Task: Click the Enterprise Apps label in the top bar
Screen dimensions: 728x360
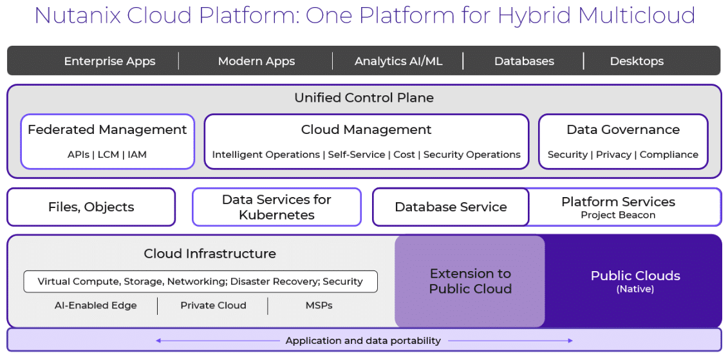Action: click(x=109, y=61)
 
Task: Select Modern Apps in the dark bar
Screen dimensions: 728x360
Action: click(x=256, y=61)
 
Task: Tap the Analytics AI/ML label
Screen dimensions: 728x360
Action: click(x=398, y=61)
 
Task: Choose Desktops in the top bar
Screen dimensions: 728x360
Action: click(x=637, y=61)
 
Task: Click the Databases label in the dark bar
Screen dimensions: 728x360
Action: click(x=524, y=61)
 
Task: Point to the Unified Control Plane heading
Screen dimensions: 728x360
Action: click(x=364, y=98)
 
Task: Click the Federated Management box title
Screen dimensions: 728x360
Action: click(x=107, y=129)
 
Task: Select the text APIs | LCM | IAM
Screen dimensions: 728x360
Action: click(x=107, y=155)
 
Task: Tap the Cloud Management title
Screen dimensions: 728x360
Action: click(x=366, y=129)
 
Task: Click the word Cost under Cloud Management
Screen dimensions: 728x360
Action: click(x=404, y=155)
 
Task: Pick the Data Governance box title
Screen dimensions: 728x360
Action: click(x=623, y=129)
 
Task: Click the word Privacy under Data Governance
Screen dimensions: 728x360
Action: click(x=615, y=155)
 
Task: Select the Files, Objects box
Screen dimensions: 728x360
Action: click(x=91, y=207)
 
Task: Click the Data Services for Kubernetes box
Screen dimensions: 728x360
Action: click(x=277, y=207)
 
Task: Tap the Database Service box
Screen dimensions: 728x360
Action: click(x=451, y=207)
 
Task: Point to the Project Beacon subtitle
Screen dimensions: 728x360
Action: click(x=618, y=215)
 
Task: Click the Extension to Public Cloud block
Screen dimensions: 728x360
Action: click(x=470, y=281)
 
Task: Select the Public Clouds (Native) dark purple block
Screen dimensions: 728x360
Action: click(x=634, y=281)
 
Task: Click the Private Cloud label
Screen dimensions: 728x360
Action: click(x=213, y=306)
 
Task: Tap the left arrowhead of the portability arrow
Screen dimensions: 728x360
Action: click(x=158, y=341)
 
